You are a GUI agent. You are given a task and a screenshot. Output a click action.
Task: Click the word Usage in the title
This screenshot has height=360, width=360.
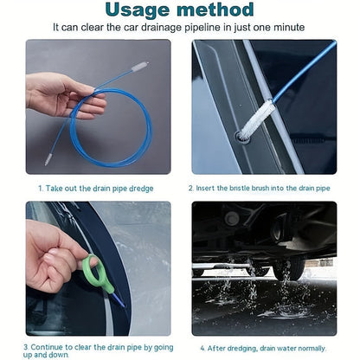(138, 10)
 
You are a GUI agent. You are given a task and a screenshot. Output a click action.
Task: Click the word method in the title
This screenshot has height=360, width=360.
(215, 10)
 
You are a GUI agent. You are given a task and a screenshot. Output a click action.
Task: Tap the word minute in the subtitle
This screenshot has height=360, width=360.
(289, 28)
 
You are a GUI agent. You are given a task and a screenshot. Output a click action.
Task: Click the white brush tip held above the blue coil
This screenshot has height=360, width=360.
(140, 67)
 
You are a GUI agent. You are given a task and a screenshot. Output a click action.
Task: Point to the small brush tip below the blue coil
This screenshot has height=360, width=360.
(48, 159)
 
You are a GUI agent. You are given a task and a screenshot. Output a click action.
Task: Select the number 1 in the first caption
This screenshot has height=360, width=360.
(41, 189)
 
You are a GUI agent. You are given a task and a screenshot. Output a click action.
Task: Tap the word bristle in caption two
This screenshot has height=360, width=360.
(240, 189)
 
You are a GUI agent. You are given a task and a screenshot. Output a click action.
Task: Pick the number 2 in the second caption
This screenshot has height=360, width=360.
(190, 189)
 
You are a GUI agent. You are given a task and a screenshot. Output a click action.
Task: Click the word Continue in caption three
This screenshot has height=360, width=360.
(47, 347)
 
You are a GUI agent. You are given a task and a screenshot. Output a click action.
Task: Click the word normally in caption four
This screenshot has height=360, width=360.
(312, 349)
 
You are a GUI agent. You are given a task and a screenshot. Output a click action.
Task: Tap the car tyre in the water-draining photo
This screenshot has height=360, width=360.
(289, 268)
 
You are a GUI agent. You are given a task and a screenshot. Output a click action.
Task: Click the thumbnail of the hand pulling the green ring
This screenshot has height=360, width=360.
(99, 268)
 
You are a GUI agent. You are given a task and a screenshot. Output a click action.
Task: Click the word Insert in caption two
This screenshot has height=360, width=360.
(205, 189)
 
